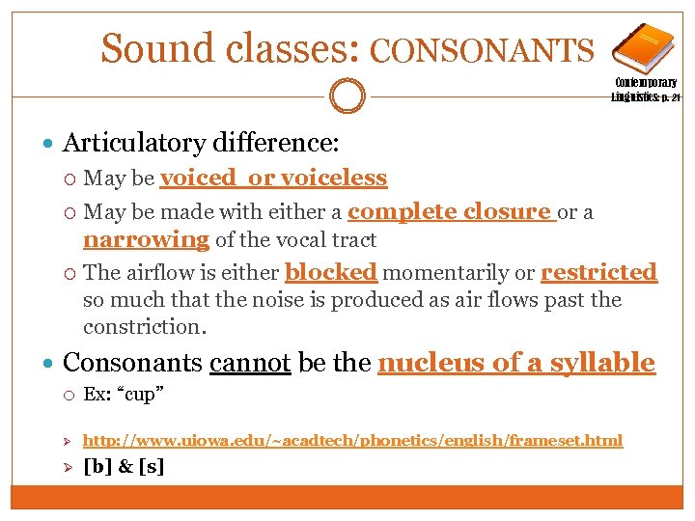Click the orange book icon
642,49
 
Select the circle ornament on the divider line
347,96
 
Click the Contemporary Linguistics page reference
645,90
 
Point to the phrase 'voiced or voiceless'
274,178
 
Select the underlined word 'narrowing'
146,239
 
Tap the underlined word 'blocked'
331,272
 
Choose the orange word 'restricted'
598,272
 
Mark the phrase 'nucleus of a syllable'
516,363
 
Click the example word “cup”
151,395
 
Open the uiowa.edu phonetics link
352,440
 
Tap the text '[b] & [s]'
124,466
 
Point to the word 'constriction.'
145,326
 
